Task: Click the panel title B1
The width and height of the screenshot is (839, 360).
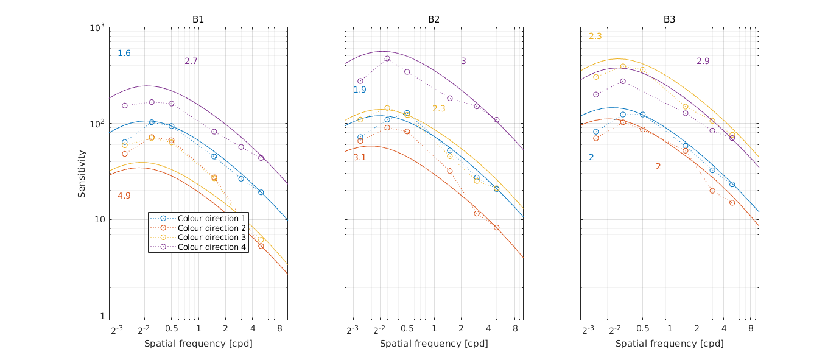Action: pos(198,19)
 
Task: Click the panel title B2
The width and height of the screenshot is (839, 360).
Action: pos(434,19)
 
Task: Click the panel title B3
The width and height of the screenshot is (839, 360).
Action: pos(669,19)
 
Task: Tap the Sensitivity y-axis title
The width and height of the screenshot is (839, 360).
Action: pos(82,174)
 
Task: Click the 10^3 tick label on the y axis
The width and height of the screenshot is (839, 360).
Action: pos(97,28)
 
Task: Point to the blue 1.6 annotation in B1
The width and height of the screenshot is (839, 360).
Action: pos(124,54)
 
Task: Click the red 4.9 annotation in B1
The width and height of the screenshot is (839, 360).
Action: pos(124,196)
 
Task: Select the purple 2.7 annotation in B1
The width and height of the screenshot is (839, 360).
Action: pos(191,61)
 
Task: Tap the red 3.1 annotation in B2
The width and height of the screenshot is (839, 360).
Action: pos(360,158)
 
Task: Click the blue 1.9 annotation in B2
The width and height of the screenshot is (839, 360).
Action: pos(360,90)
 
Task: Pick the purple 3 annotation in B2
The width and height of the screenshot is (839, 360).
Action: pos(463,61)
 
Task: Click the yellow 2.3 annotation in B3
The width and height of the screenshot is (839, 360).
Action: pos(595,37)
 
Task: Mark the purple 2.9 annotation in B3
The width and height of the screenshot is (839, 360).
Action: pos(703,61)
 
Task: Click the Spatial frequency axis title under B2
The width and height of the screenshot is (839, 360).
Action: pos(434,344)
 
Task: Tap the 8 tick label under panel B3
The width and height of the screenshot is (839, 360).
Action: pos(751,330)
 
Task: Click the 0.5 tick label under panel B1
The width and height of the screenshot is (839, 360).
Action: pos(171,330)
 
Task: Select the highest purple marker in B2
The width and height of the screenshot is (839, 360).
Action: pos(387,58)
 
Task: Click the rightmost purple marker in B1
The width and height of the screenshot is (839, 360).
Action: pos(261,158)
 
